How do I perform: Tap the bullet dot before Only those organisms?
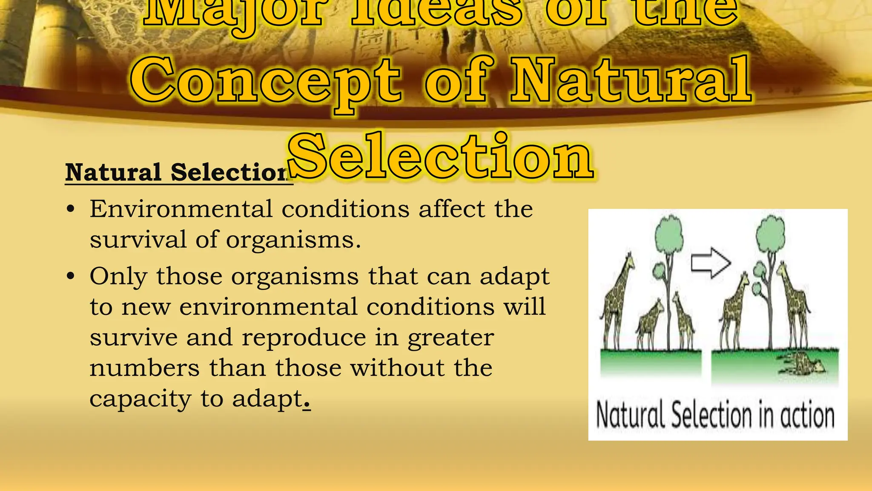click(71, 277)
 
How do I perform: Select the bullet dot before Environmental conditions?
click(71, 210)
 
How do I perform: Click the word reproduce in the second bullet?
click(304, 338)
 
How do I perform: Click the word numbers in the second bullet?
click(144, 368)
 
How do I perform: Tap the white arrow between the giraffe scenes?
click(710, 263)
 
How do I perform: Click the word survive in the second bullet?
click(133, 338)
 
